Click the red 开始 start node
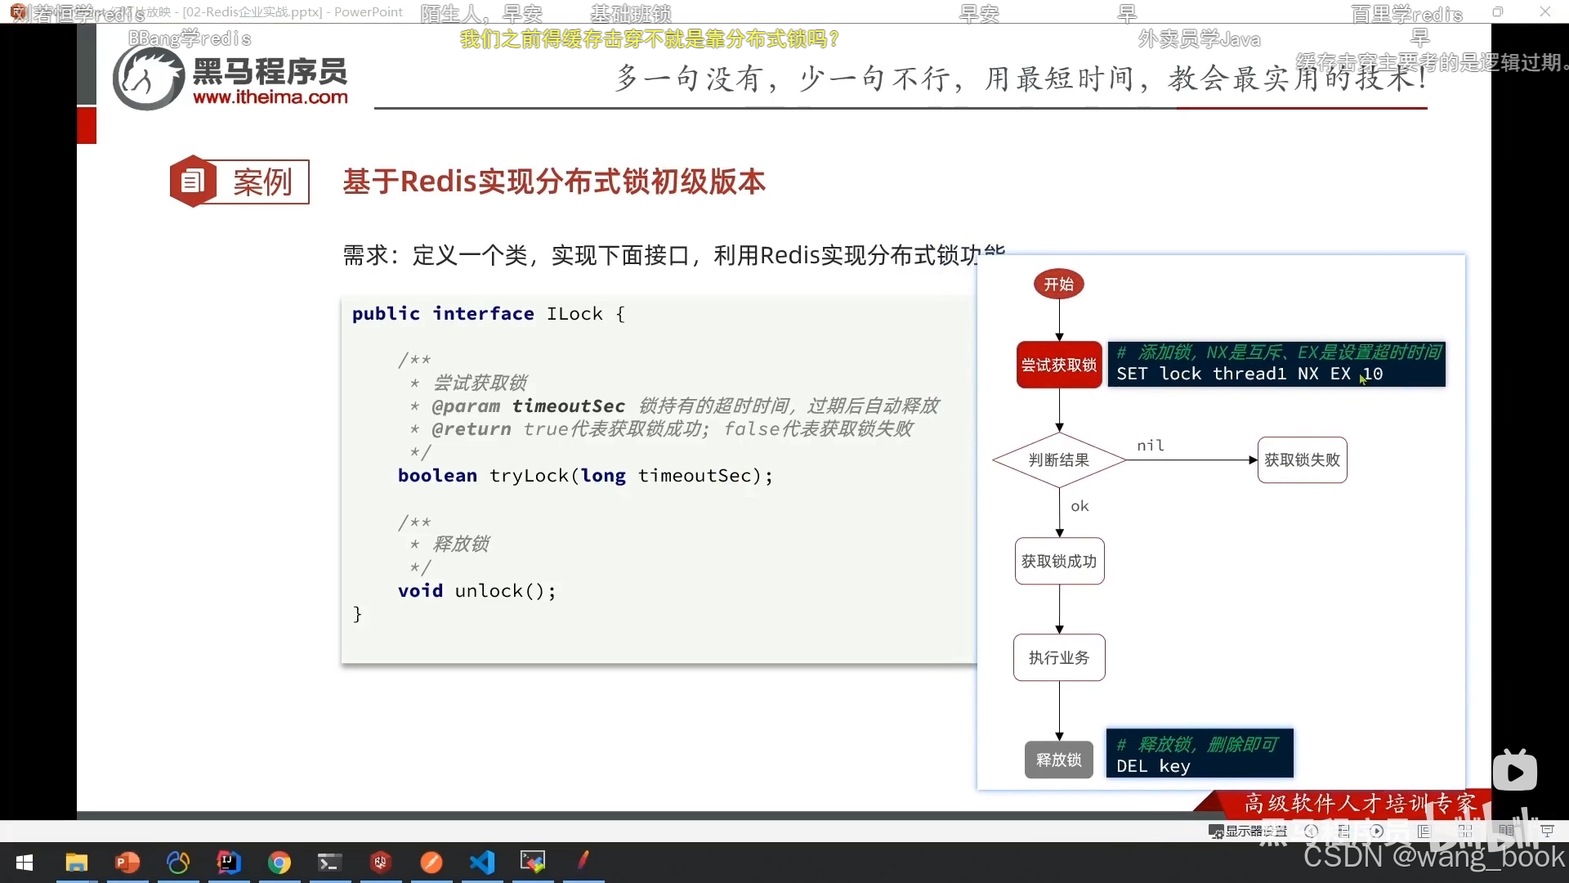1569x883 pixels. [1058, 285]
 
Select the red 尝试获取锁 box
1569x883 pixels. [1059, 365]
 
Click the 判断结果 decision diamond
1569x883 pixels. [1059, 460]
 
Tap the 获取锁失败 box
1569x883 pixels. [1302, 460]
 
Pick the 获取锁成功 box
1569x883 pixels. [1059, 562]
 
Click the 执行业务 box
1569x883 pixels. [1059, 658]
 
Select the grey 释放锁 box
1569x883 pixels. [1059, 760]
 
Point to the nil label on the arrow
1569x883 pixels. [1151, 446]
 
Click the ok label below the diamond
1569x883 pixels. [1080, 506]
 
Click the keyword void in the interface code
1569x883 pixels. [420, 591]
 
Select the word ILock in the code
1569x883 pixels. [574, 314]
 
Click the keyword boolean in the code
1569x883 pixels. [437, 476]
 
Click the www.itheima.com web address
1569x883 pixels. [270, 97]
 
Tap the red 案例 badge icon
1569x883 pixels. [193, 181]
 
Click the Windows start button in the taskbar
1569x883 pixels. [25, 863]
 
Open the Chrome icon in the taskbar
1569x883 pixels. [279, 863]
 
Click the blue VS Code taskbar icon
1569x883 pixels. [482, 863]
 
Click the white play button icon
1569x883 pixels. [1515, 772]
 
